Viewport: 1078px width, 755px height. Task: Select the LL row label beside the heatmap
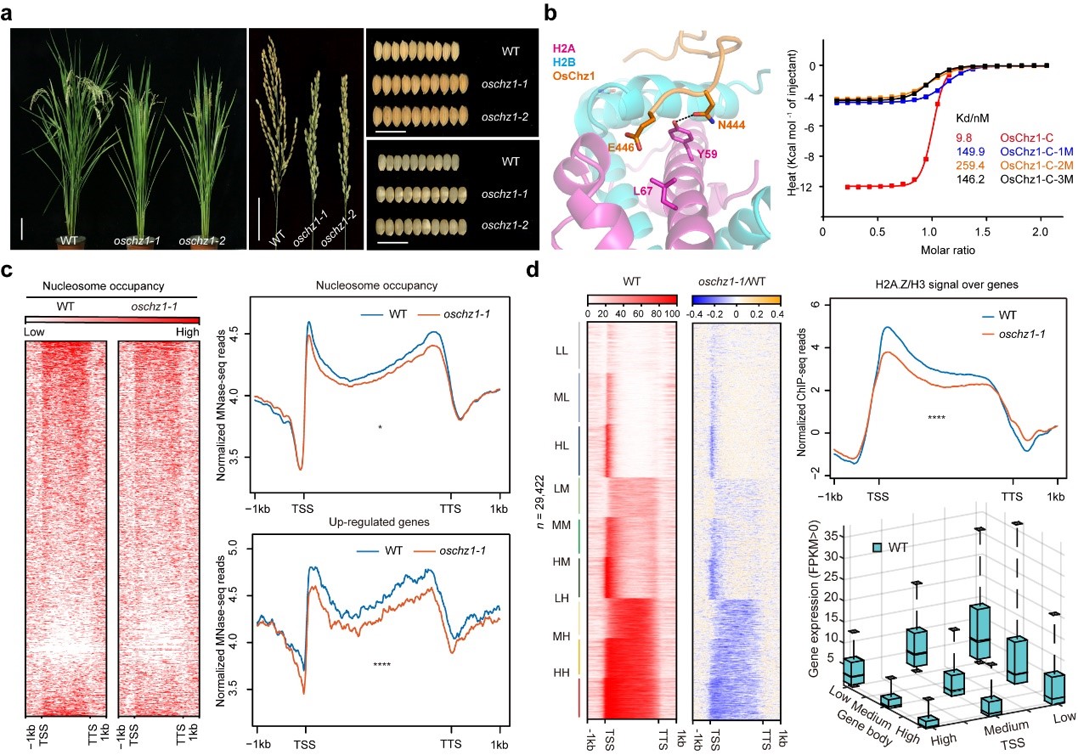tap(562, 350)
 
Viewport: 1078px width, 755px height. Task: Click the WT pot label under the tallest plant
tap(69, 240)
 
